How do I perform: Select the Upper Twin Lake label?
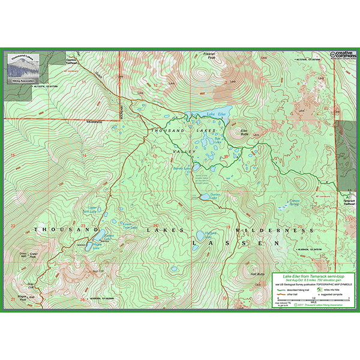click(x=89, y=209)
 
